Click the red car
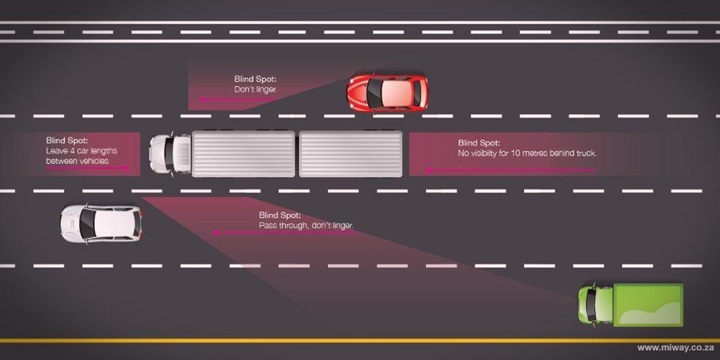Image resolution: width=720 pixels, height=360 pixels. (x=387, y=93)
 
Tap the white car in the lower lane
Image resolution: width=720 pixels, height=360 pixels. (x=101, y=223)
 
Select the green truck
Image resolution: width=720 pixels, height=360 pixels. (x=630, y=305)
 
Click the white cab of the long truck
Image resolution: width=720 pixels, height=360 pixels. (x=170, y=154)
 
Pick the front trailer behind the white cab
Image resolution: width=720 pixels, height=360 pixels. (x=243, y=154)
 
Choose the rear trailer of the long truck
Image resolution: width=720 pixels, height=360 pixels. (x=351, y=154)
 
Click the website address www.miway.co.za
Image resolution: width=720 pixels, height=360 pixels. (x=675, y=348)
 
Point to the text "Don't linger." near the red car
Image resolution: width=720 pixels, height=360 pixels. (x=256, y=89)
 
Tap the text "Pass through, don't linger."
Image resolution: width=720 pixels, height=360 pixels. (x=306, y=226)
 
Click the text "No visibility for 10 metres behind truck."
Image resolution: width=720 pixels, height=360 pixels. (x=528, y=154)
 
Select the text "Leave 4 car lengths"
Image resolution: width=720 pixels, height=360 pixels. (x=82, y=151)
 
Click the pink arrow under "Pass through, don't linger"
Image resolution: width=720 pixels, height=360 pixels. (x=282, y=233)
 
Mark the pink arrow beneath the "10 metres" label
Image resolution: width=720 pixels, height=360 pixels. (x=510, y=170)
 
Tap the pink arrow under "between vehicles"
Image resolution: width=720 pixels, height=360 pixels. (x=87, y=168)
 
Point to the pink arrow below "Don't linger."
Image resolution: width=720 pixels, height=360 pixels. (x=238, y=98)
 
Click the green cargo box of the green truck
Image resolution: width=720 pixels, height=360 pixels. (x=648, y=305)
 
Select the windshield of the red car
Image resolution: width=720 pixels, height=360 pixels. (x=374, y=93)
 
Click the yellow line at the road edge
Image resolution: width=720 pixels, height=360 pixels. (x=360, y=341)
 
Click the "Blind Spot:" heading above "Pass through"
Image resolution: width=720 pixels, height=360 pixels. (x=280, y=215)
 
